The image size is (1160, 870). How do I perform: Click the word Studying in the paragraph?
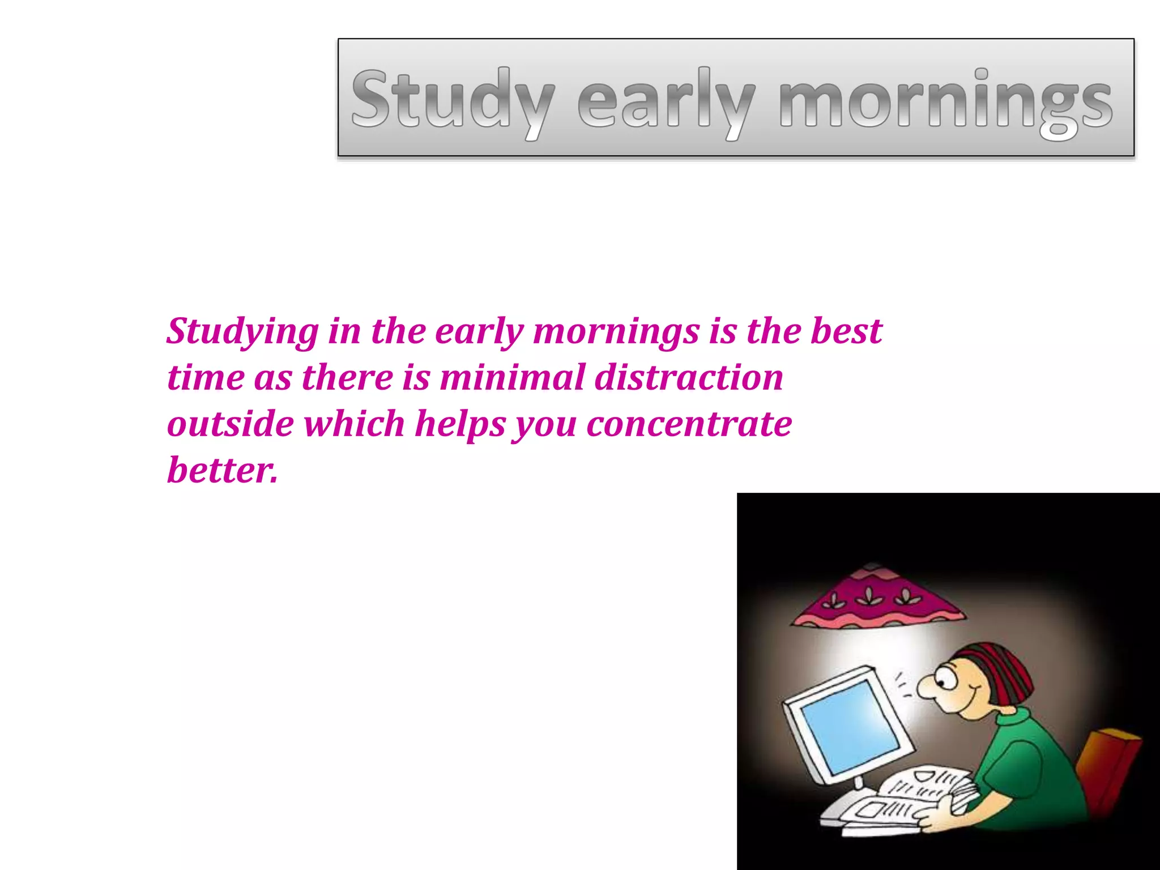pos(242,331)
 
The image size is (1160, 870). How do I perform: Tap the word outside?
pos(230,424)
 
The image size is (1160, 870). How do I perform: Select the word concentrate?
pos(689,424)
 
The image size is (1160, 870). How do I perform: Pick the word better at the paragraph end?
pos(222,470)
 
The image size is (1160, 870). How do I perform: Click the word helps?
pos(459,425)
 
